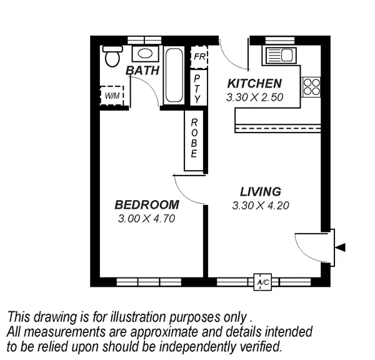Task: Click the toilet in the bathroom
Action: (x=112, y=56)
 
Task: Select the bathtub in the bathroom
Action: (x=173, y=75)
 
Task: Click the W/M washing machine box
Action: (x=112, y=96)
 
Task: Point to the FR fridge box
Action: (x=199, y=56)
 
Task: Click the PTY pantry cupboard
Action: (x=197, y=88)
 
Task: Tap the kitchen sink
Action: (x=281, y=55)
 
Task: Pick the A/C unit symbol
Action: (x=262, y=282)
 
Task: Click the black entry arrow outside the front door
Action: (x=340, y=247)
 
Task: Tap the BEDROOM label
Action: (x=147, y=205)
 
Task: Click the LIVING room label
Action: (x=260, y=192)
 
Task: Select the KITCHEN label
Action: (x=254, y=84)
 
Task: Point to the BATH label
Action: (x=142, y=71)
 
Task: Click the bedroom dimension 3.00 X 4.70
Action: (x=147, y=219)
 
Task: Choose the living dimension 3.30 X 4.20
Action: (x=260, y=205)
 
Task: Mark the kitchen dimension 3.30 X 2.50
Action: (x=254, y=97)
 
